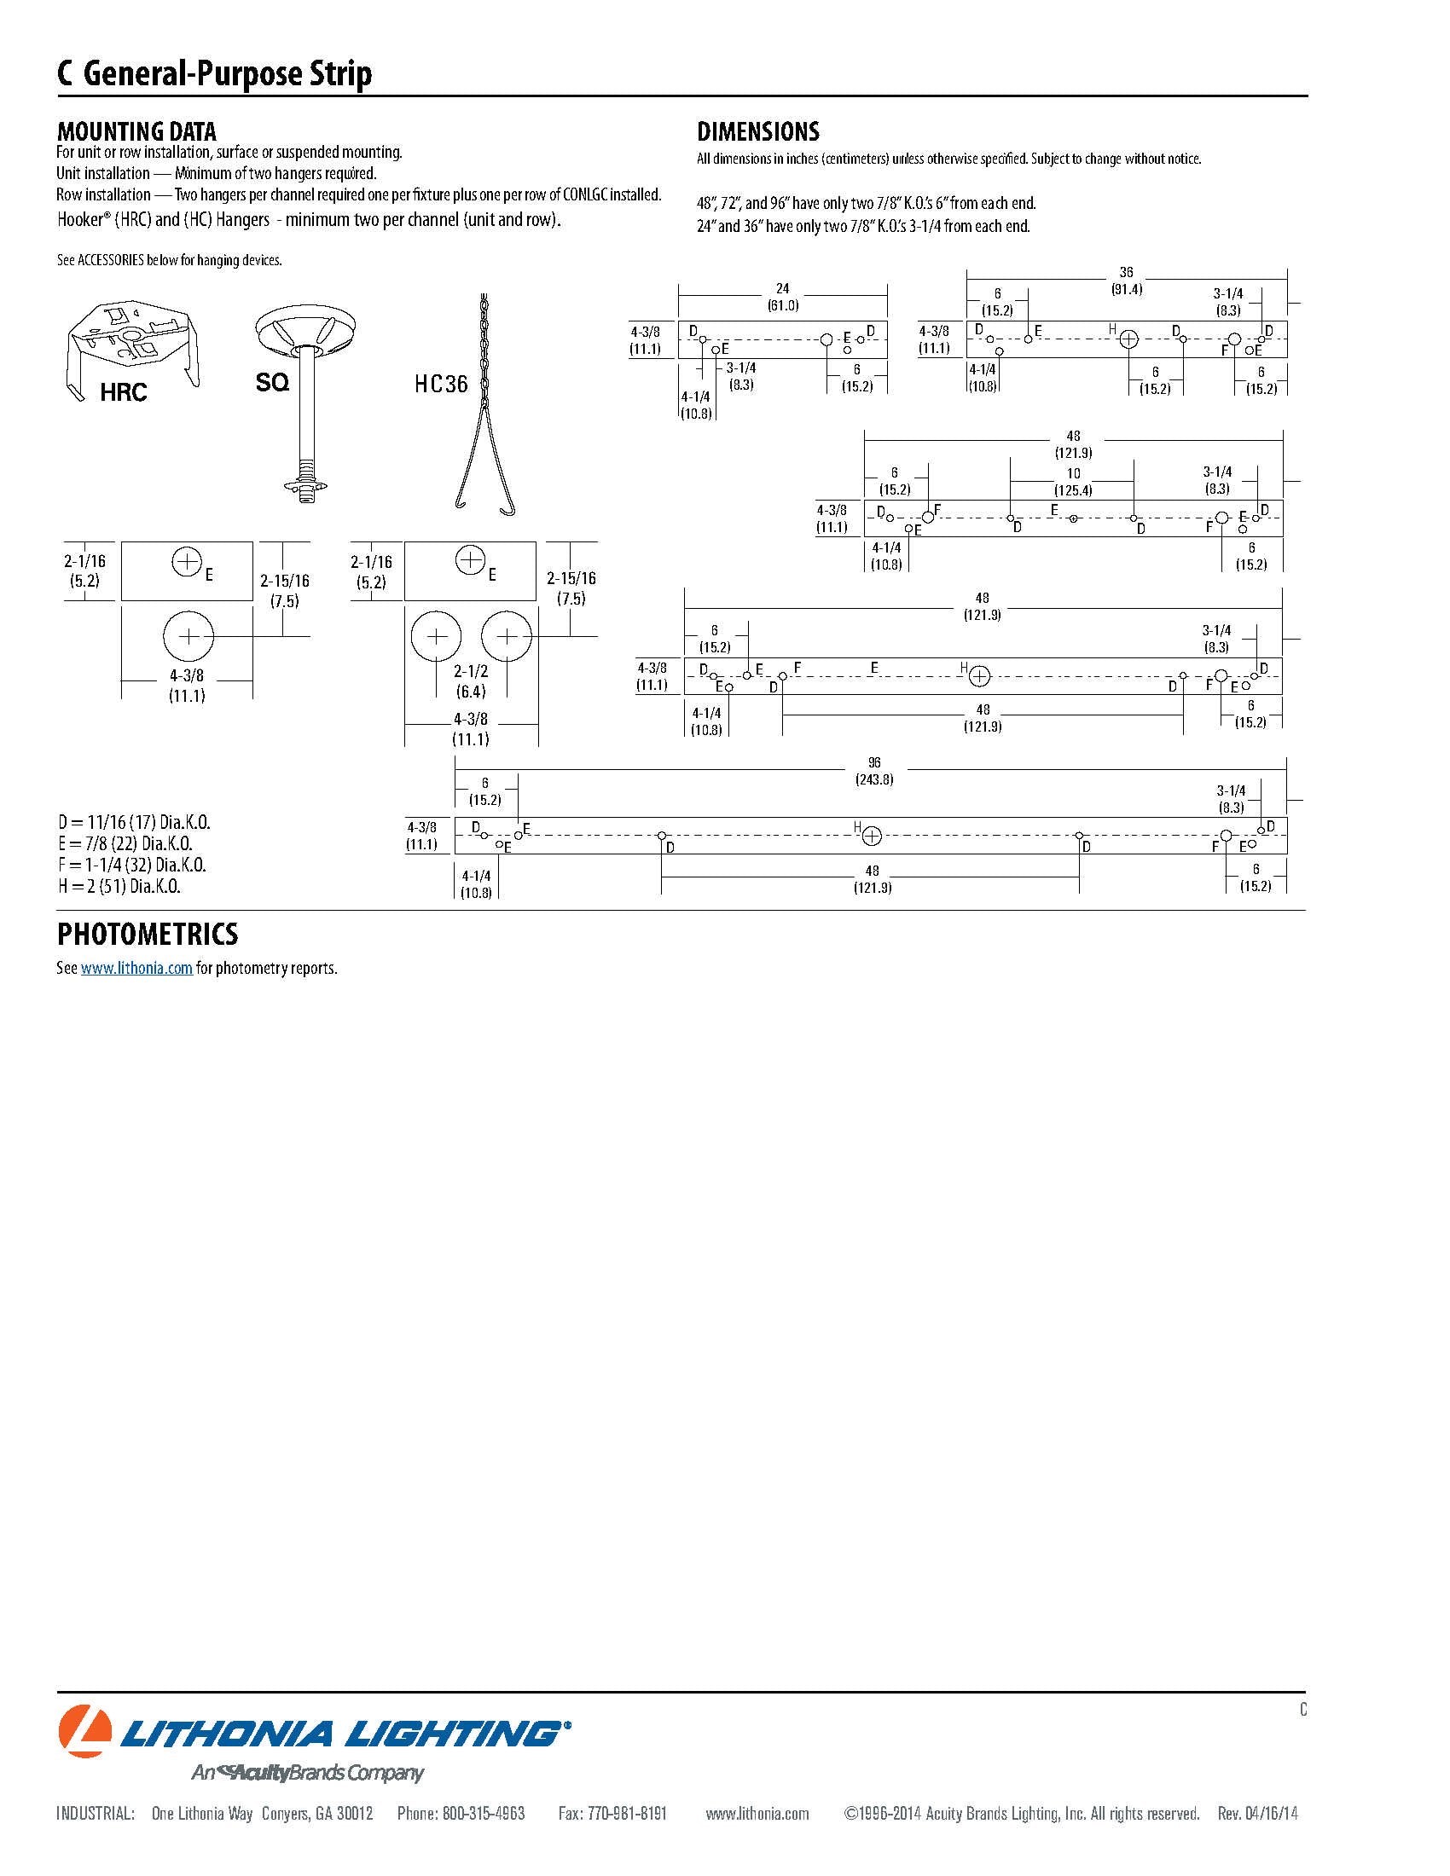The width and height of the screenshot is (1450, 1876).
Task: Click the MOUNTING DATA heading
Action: (x=136, y=131)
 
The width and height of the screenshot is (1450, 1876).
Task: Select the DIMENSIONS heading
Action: (x=757, y=131)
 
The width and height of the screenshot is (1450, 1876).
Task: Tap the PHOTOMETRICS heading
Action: (x=147, y=934)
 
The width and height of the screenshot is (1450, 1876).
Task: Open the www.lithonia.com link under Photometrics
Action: (x=136, y=968)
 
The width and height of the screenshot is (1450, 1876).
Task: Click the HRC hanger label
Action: (x=124, y=392)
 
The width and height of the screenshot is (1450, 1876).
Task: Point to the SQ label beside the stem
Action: (x=271, y=382)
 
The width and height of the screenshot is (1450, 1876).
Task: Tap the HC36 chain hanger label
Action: (x=442, y=384)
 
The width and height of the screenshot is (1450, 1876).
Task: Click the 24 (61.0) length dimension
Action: (x=782, y=297)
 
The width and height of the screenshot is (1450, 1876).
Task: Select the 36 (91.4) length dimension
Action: (x=1126, y=281)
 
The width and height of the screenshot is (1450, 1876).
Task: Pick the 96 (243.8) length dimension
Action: (x=873, y=771)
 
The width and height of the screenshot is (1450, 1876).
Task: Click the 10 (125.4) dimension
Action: (x=1073, y=482)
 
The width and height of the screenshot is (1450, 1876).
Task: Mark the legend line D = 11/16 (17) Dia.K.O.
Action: (x=134, y=823)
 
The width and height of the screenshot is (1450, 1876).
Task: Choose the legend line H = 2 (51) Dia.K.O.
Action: (x=119, y=887)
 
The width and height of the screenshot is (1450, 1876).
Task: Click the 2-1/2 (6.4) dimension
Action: (x=471, y=681)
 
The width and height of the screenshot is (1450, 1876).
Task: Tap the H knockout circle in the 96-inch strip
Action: (x=871, y=836)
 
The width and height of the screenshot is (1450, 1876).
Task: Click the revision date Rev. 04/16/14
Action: (x=1257, y=1813)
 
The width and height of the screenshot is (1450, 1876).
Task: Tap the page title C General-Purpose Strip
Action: (x=215, y=74)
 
